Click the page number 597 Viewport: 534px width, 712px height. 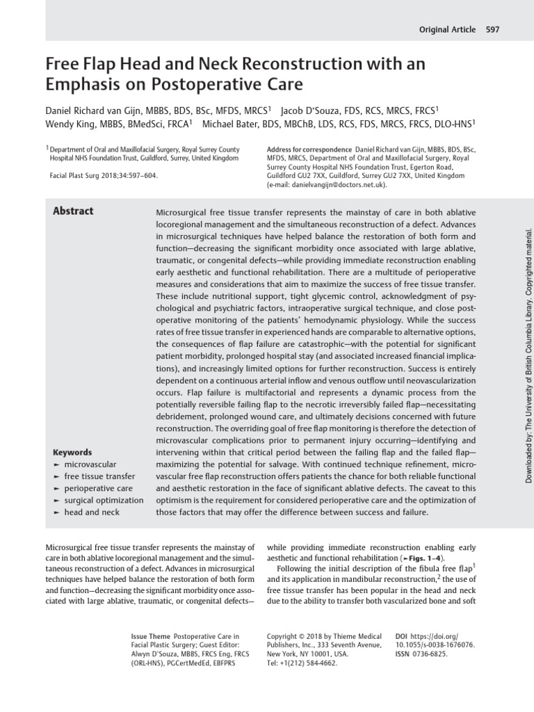pos(492,29)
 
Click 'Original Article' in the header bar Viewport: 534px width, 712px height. pos(448,29)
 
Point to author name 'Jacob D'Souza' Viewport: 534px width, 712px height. pos(311,110)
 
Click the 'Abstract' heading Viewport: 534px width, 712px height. pos(73,211)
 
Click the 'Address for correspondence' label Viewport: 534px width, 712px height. pos(309,149)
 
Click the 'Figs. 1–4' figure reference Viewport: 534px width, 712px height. pos(419,558)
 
